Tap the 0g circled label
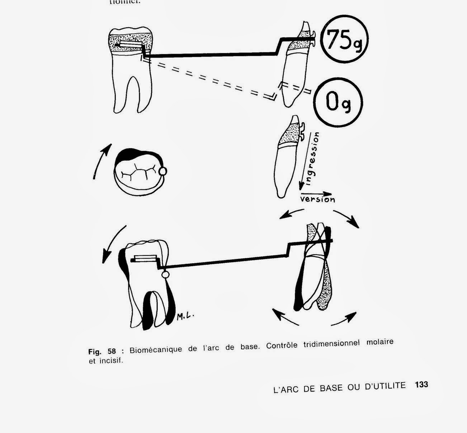(338, 102)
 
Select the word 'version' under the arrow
(317, 199)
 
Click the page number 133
(421, 385)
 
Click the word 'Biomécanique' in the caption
(156, 349)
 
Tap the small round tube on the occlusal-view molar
(162, 172)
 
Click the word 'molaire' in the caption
(380, 342)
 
